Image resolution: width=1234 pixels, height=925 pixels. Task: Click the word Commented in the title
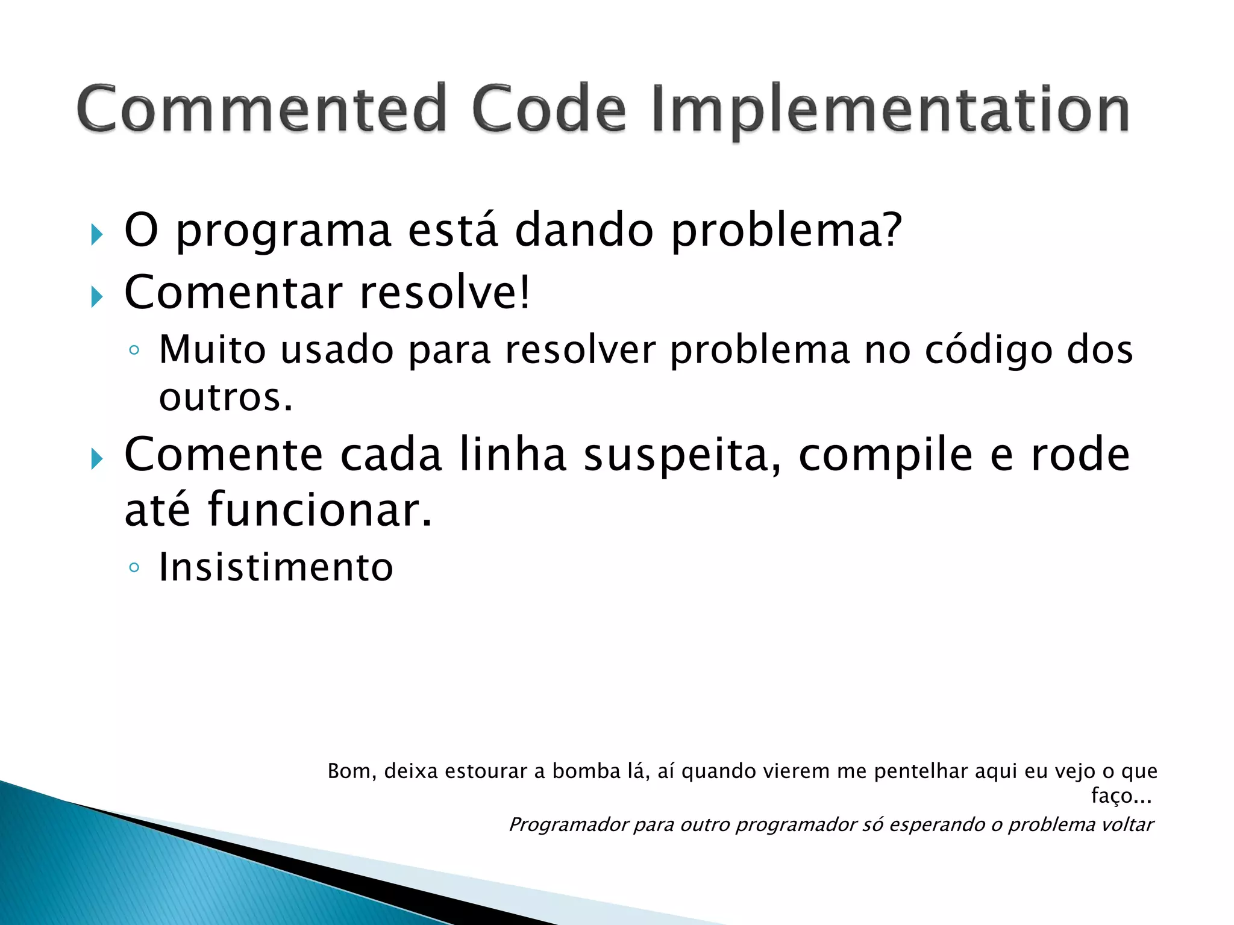(x=260, y=109)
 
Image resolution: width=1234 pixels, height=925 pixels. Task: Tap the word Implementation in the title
(x=890, y=110)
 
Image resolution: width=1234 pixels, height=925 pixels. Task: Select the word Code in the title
(x=548, y=109)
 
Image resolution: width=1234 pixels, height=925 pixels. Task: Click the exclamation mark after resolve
(x=524, y=292)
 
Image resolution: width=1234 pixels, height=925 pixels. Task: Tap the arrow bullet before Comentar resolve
(x=96, y=296)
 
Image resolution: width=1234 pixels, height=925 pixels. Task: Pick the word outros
(x=225, y=397)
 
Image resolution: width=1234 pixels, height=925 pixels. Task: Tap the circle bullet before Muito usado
(x=134, y=350)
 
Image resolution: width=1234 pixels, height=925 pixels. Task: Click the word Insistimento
(x=276, y=567)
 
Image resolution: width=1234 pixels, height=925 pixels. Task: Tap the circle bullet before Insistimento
(x=134, y=567)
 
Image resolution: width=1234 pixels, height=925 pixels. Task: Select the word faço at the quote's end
(x=1112, y=796)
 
